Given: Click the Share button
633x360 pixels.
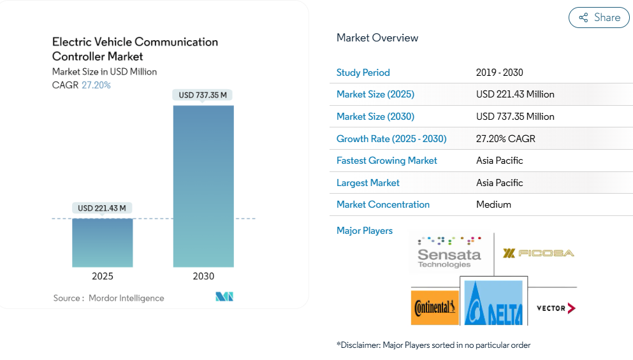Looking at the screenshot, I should [599, 18].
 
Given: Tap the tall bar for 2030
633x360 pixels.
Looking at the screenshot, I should [203, 185].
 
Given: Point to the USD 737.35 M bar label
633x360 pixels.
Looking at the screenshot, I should [203, 95].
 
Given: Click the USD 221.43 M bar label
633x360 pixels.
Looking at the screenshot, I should [102, 208].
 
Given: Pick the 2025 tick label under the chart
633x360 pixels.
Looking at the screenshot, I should [102, 277].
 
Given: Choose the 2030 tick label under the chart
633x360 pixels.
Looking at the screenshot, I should [203, 277].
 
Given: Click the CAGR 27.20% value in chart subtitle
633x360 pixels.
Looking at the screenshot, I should [96, 85].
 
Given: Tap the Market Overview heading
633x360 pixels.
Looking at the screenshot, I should [377, 38].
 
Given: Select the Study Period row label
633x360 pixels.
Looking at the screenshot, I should [363, 73].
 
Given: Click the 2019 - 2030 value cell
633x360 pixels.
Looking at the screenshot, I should [499, 73].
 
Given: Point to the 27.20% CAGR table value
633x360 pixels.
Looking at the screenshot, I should [506, 139].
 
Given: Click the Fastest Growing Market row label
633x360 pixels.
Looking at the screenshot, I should [386, 161].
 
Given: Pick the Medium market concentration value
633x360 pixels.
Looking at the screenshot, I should [493, 205].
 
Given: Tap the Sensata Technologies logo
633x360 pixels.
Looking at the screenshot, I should [449, 252].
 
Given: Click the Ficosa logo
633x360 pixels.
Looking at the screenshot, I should [538, 253].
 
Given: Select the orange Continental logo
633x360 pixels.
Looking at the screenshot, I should [435, 308].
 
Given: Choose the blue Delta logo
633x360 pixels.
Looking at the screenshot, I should [493, 305].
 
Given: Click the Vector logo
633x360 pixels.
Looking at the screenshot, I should [555, 308].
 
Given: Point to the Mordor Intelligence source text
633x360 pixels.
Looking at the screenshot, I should [126, 298].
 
